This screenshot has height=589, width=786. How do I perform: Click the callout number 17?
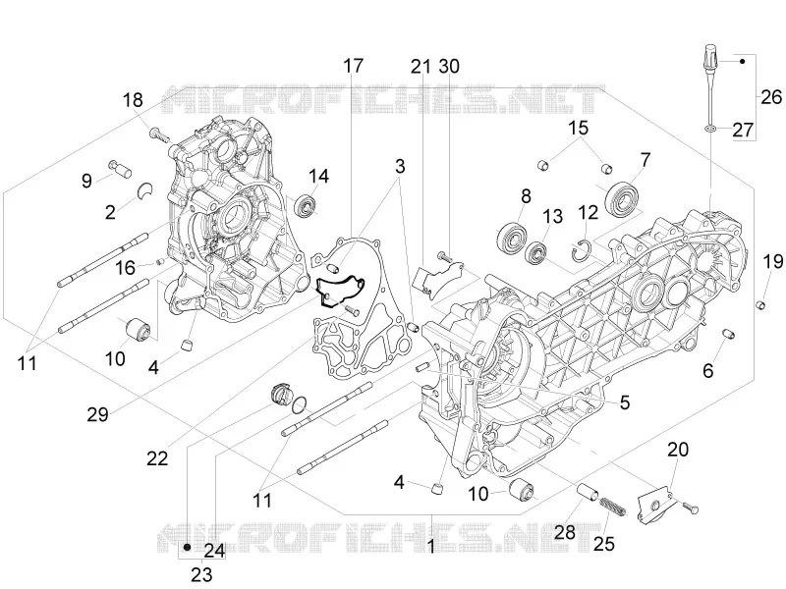[x=353, y=66]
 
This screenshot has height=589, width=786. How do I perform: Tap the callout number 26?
[x=771, y=96]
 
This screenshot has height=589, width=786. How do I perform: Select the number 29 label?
[x=97, y=414]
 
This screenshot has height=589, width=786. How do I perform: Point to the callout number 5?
[x=625, y=402]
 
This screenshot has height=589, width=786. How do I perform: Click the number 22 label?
[x=157, y=457]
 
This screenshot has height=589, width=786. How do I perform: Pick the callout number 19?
[x=773, y=261]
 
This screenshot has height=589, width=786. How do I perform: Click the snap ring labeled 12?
[x=582, y=251]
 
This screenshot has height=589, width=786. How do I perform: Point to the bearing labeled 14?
[x=306, y=206]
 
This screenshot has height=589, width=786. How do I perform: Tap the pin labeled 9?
[x=120, y=168]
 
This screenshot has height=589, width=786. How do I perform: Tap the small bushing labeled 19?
[x=760, y=304]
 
